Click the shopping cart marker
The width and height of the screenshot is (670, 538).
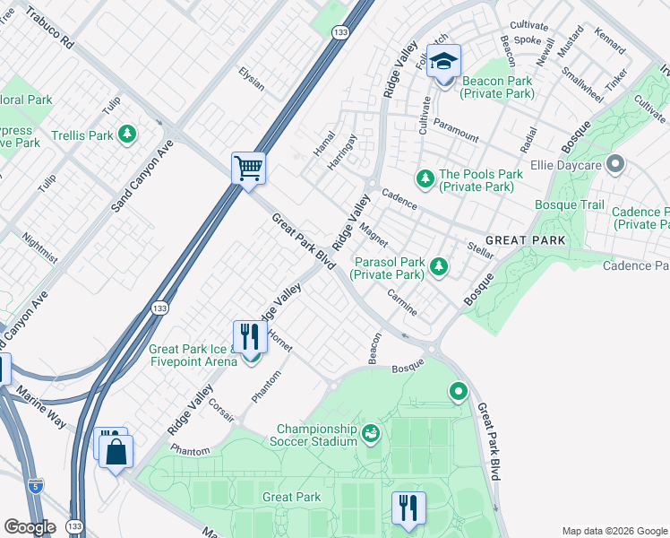[x=248, y=168]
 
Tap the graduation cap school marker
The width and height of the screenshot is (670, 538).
[x=443, y=62]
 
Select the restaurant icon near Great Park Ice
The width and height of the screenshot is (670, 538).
[x=250, y=338]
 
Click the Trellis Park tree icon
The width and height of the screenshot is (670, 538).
[x=128, y=134]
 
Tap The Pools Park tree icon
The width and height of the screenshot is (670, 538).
[x=425, y=175]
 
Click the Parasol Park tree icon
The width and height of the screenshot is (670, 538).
[x=438, y=265]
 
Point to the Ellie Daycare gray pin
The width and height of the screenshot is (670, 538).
[x=614, y=164]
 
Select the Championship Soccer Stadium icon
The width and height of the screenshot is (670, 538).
[x=371, y=435]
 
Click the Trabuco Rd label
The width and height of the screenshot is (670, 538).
[x=48, y=29]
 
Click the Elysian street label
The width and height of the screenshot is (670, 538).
[x=251, y=79]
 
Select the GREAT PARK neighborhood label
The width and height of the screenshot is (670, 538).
[x=525, y=240]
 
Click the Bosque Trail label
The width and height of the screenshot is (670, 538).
[x=570, y=205]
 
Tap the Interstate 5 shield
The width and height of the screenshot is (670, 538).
[x=35, y=485]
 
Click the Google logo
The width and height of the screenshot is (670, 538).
[x=30, y=526]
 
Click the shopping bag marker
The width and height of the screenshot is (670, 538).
[x=116, y=452]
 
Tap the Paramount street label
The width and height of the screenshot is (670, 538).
[x=455, y=130]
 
